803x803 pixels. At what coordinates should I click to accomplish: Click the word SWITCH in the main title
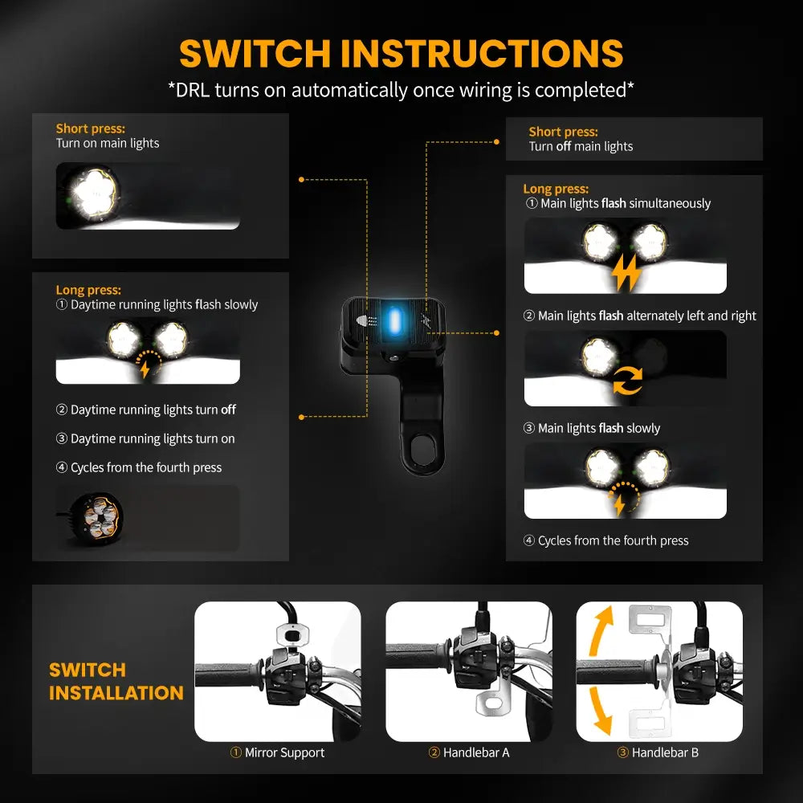pos(255,54)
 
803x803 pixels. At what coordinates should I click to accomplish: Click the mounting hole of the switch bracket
pos(418,446)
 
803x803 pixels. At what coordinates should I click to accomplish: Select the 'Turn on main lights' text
pos(108,143)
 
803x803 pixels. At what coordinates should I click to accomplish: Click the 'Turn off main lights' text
pos(581,146)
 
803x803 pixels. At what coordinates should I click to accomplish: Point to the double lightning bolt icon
pos(626,275)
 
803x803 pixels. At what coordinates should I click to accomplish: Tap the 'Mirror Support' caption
pos(278,752)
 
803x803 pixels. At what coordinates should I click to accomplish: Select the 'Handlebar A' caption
pos(469,752)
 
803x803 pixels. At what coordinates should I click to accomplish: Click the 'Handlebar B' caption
pos(658,752)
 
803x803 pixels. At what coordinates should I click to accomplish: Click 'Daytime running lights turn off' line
pos(146,410)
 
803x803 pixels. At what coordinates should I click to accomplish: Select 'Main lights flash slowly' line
pos(593,428)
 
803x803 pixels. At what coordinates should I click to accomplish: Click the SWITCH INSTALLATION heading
pos(116,681)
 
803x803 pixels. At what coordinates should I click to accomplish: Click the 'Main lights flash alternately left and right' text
pos(640,316)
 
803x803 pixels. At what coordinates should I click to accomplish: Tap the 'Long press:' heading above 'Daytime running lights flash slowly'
pos(88,290)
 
